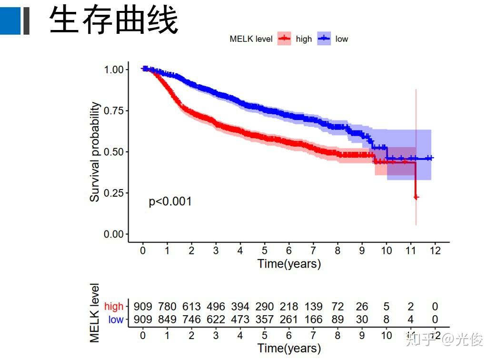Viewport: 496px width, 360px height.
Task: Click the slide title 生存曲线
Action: tap(114, 20)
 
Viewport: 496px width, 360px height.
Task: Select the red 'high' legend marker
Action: tap(285, 39)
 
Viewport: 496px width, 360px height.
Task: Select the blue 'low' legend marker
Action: tap(325, 39)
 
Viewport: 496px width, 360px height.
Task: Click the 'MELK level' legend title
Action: tap(251, 39)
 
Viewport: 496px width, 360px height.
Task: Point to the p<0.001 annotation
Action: tap(170, 201)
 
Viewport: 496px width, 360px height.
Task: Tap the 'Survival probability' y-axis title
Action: tap(95, 151)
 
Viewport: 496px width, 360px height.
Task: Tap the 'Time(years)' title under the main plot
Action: tap(289, 263)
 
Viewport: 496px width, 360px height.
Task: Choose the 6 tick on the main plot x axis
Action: tap(289, 251)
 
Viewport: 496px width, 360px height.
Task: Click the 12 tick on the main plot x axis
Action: tap(435, 251)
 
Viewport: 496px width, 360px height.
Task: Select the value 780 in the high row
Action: tap(167, 306)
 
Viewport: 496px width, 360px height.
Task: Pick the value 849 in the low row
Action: tap(167, 320)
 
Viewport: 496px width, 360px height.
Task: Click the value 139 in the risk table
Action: tap(313, 306)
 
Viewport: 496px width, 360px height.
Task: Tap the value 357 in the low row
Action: tap(265, 320)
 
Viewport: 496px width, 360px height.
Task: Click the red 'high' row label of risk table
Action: tap(114, 306)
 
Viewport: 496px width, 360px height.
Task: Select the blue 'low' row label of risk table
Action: tap(116, 320)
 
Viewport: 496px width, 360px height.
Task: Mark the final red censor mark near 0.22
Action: tap(416, 197)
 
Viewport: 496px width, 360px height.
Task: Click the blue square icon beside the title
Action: tap(10, 20)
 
